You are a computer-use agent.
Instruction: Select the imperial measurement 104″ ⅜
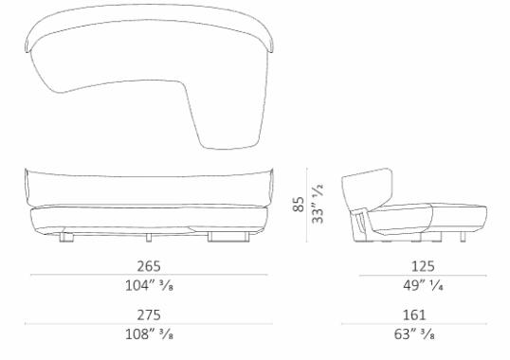[148, 285]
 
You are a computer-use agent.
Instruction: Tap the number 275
[148, 315]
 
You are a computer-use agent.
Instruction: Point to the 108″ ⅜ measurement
[148, 334]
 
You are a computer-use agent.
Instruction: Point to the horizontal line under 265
[148, 276]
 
